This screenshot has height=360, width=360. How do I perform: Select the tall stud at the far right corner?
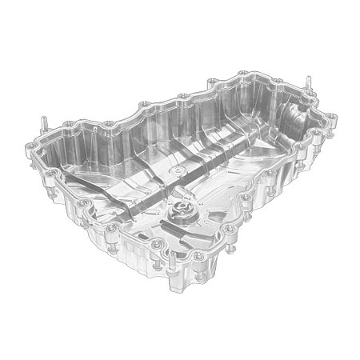(x=309, y=83)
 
